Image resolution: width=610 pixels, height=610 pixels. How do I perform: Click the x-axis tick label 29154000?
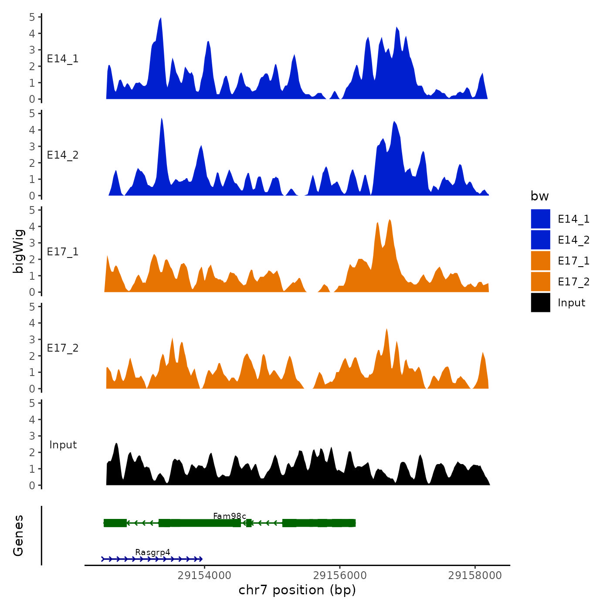(204, 576)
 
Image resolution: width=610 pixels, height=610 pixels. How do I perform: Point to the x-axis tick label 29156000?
(340, 576)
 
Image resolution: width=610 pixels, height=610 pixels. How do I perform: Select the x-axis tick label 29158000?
(475, 576)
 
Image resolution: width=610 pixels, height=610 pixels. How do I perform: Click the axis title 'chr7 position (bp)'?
(297, 590)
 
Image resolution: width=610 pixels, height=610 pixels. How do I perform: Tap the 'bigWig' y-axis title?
(18, 251)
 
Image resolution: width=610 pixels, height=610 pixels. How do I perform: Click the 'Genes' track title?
(18, 535)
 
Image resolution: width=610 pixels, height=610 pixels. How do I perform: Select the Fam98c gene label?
(230, 516)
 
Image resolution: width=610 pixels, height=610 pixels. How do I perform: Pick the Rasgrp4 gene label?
(152, 552)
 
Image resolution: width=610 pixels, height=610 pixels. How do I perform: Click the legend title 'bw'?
(539, 197)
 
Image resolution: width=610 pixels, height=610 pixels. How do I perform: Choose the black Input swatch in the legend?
(540, 303)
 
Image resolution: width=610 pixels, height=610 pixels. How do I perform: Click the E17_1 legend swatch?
(540, 261)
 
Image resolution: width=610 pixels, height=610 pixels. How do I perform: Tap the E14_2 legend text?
(573, 240)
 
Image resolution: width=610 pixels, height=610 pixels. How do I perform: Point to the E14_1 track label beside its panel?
(63, 59)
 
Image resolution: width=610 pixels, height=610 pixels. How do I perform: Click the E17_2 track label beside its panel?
(63, 348)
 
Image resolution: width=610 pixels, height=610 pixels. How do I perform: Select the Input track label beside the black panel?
(63, 445)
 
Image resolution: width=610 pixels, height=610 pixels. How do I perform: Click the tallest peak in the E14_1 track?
(161, 19)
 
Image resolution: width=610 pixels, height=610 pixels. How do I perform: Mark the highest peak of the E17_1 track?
(390, 220)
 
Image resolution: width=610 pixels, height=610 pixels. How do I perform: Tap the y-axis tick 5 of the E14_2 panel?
(32, 114)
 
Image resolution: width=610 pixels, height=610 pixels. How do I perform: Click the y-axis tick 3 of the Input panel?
(32, 436)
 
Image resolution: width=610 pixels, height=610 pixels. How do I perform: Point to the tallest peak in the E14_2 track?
(162, 119)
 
